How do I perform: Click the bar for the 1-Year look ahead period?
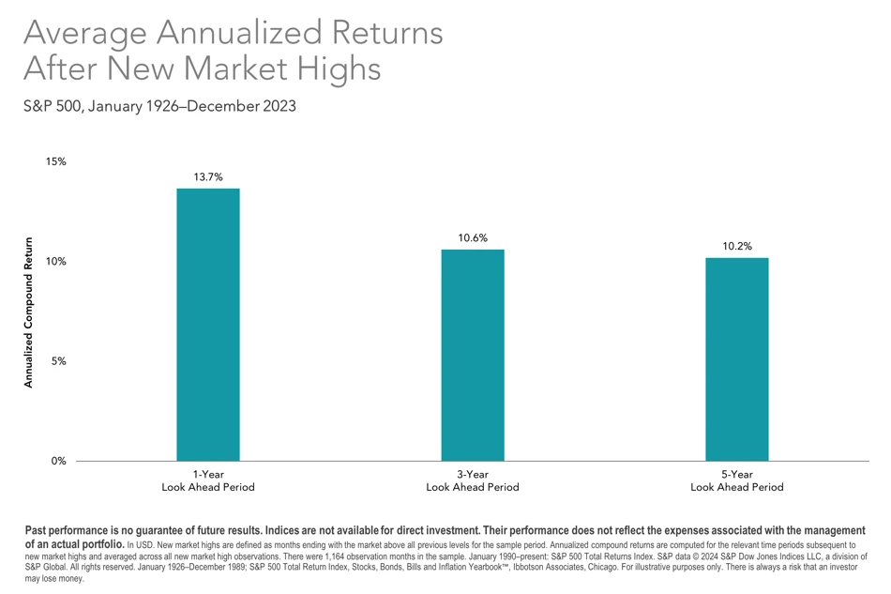point(208,325)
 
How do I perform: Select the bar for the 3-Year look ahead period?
point(473,356)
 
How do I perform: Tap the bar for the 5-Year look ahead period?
point(737,359)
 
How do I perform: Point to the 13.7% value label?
point(208,176)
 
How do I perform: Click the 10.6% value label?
point(473,237)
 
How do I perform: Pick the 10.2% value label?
point(737,246)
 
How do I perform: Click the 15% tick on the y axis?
point(55,161)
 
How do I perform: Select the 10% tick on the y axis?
point(55,262)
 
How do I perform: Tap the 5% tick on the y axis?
point(58,361)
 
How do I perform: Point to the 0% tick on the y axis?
point(58,461)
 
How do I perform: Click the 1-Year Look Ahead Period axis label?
point(208,480)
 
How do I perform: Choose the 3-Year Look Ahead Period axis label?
point(473,480)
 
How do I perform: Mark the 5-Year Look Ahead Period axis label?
point(737,480)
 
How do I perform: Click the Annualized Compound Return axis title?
point(28,312)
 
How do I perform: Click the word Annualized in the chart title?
point(238,33)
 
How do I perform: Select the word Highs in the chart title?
point(339,69)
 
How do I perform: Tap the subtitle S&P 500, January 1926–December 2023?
point(159,106)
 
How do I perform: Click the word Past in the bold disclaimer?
point(36,530)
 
